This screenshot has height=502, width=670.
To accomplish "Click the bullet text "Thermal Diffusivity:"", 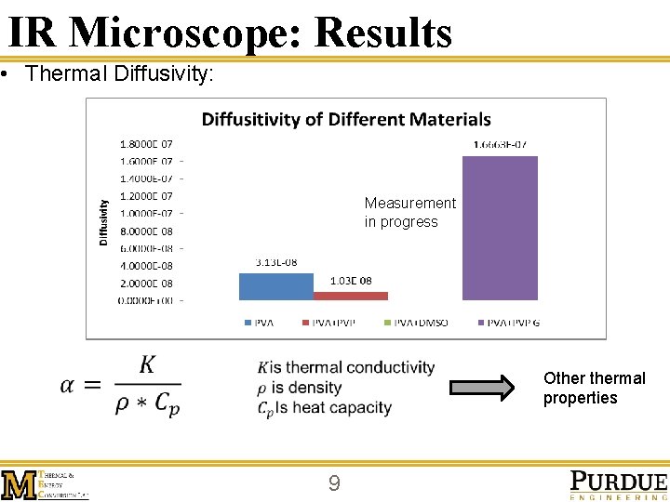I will (x=120, y=73).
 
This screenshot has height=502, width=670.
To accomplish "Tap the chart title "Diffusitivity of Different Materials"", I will (x=346, y=119).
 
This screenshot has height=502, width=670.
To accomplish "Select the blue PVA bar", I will (x=275, y=285).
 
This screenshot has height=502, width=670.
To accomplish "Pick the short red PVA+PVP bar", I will (x=351, y=296).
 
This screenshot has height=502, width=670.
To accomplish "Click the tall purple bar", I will (x=500, y=228).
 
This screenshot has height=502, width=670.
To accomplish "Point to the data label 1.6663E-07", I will (x=501, y=144).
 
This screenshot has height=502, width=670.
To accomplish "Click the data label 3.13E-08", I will (x=275, y=262).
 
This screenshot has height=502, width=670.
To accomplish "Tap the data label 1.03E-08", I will (x=352, y=281).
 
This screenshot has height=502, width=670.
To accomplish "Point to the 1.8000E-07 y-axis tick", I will (x=146, y=144).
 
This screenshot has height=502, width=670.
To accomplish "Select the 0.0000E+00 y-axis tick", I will (x=146, y=300).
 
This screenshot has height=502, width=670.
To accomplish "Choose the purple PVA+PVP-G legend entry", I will (x=508, y=324).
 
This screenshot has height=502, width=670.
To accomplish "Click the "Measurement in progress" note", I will (x=409, y=212).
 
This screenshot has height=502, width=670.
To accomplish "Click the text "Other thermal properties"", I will (x=594, y=388).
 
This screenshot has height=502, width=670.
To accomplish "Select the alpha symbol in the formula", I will (x=72, y=384).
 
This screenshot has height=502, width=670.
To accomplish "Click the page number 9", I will (x=334, y=483).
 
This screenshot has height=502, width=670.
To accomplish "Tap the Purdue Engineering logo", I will (x=618, y=484).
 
